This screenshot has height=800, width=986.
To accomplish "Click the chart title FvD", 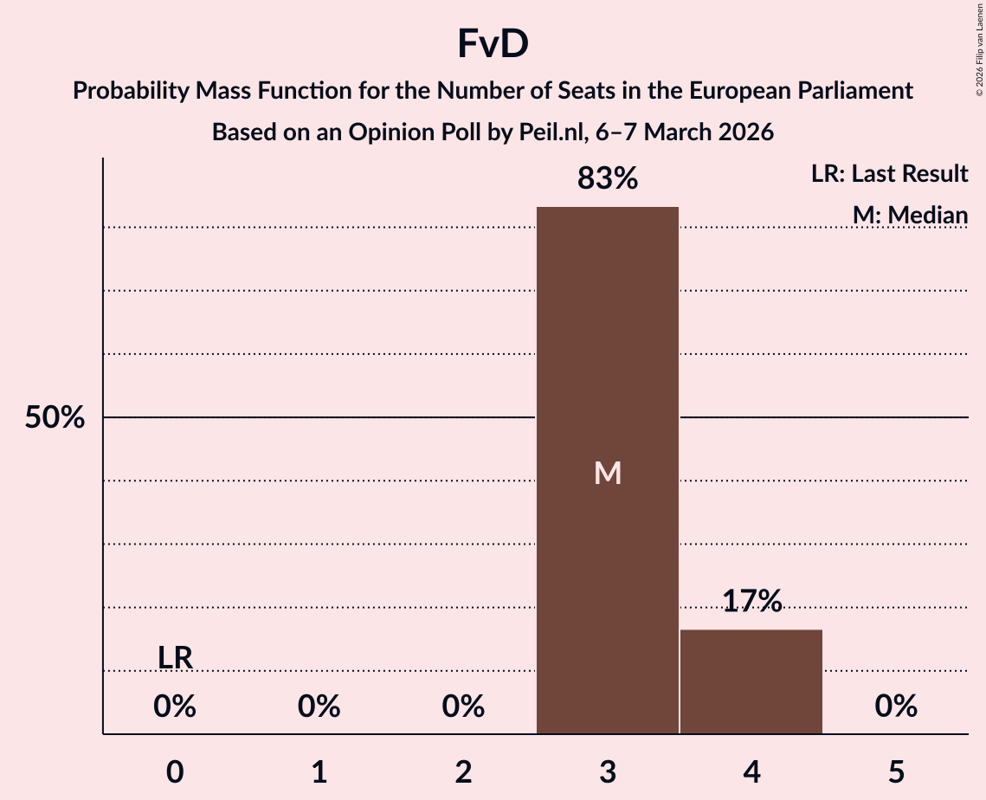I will click(493, 45).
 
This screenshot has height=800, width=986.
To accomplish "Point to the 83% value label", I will click(608, 179).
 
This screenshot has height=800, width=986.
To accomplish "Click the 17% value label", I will click(751, 601).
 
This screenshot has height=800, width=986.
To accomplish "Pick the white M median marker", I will click(608, 473).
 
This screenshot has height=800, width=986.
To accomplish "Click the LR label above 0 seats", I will click(175, 658).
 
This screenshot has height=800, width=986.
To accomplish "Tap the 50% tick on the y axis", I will click(55, 418).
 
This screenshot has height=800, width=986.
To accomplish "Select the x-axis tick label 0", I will click(175, 771).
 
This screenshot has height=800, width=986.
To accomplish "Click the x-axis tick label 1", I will click(319, 771).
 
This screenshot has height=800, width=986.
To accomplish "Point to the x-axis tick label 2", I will click(463, 771).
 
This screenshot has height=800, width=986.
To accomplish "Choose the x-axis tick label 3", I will click(608, 771).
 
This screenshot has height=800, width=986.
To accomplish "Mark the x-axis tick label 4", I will click(751, 771).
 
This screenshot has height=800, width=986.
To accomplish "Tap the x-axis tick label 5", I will click(896, 771).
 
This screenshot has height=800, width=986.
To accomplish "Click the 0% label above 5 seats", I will click(896, 707).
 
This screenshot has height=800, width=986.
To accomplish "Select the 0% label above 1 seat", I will click(319, 707).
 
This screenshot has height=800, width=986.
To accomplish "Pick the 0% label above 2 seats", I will click(463, 707).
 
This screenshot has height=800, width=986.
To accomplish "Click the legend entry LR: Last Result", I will click(889, 174).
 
